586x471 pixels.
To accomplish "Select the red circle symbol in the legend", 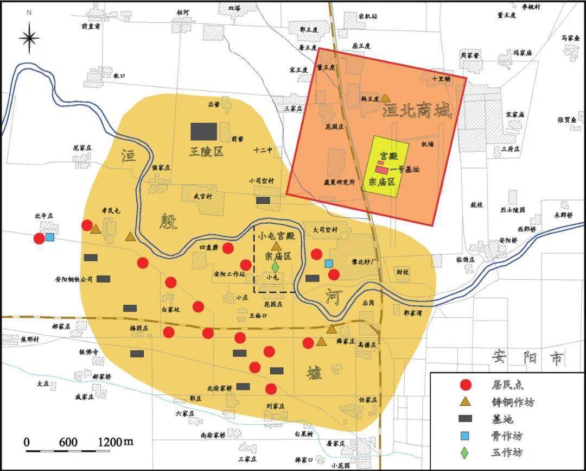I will (x=465, y=385).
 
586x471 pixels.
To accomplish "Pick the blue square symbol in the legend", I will (x=465, y=436).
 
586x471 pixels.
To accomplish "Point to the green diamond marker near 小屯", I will (x=275, y=267).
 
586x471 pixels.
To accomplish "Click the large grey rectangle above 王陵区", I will (x=203, y=131).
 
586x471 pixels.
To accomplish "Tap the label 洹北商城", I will (x=417, y=112).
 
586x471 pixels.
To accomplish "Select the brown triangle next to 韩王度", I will (x=385, y=98).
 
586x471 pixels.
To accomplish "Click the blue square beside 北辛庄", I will (x=50, y=237).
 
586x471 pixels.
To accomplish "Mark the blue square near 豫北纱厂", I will (x=328, y=263).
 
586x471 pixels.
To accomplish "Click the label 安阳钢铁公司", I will (x=74, y=280).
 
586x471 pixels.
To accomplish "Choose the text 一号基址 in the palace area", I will (x=405, y=169).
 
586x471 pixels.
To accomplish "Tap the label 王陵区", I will (x=206, y=152).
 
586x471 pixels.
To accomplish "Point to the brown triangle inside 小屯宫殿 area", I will (x=276, y=246).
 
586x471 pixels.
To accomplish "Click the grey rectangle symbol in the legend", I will (x=465, y=419).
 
